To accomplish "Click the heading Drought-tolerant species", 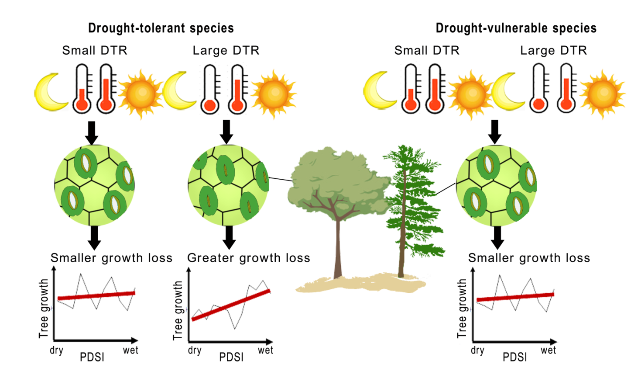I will [x=161, y=28].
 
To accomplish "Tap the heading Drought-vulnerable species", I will [x=516, y=28].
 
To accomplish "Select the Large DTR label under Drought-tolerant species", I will [x=226, y=51].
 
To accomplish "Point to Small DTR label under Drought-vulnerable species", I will [x=427, y=51].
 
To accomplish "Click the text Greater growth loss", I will [x=249, y=258].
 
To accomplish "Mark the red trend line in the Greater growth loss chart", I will [x=231, y=305].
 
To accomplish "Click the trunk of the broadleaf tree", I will [x=338, y=245].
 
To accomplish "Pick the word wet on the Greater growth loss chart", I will [x=265, y=350].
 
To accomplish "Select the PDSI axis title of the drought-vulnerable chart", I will [x=514, y=357].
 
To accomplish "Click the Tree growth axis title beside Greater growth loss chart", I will [x=178, y=310].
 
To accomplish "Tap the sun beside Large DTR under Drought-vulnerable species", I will [x=603, y=94].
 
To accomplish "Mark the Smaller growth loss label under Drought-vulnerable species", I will [x=529, y=258].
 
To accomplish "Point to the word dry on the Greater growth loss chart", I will [x=195, y=350].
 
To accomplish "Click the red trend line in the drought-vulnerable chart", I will [x=515, y=297].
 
